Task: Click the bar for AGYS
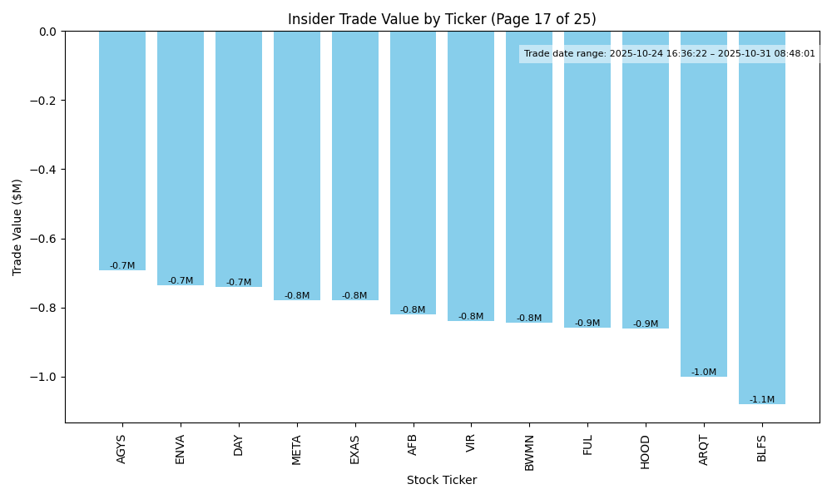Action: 122,151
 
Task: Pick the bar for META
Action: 297,166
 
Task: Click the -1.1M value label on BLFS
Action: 761,400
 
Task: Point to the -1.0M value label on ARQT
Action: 703,373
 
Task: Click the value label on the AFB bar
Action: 413,310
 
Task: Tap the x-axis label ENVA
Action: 181,449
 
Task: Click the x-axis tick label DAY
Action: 239,445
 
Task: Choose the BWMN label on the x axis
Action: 529,452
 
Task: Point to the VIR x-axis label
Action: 471,443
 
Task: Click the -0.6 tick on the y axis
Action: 45,239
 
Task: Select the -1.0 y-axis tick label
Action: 45,377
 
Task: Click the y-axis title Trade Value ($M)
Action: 17,227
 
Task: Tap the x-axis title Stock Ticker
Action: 442,481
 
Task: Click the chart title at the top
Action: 442,19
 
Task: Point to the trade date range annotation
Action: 669,54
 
